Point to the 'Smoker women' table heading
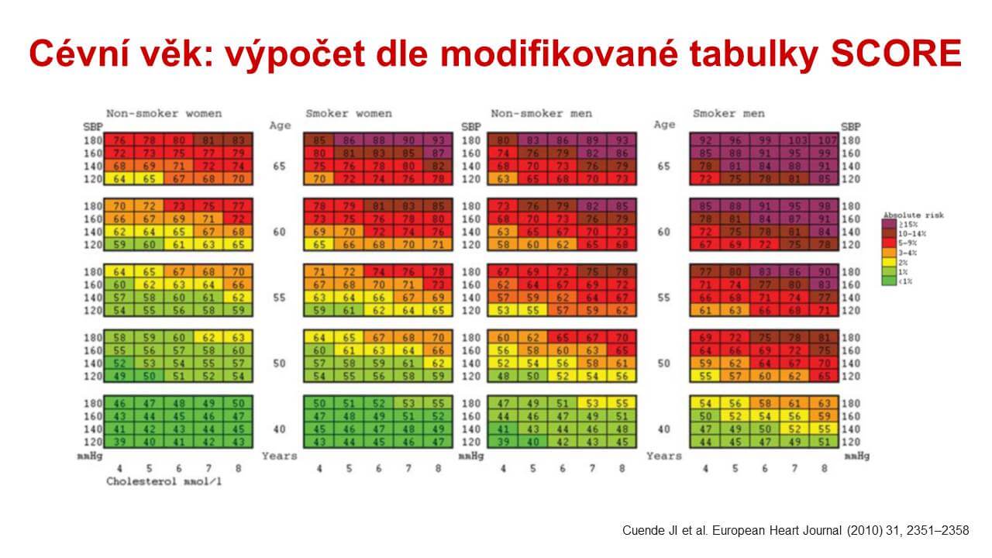click(349, 113)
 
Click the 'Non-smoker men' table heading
click(541, 113)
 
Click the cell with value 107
click(825, 141)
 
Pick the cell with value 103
click(795, 141)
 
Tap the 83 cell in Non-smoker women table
click(237, 141)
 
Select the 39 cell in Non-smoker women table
click(119, 442)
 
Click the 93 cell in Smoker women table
click(439, 141)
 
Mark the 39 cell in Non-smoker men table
click(502, 442)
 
